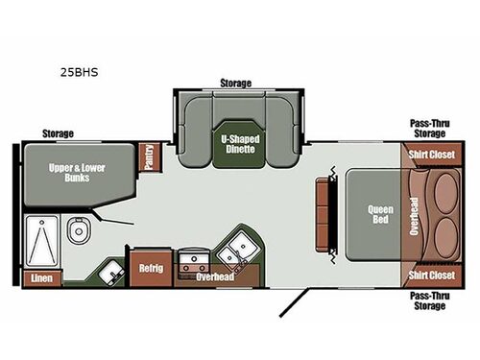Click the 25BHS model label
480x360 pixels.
coord(79,72)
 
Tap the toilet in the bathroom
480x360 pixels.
coord(79,230)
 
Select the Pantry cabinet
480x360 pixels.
coord(149,157)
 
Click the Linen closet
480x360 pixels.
coord(42,278)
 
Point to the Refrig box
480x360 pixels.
coord(151,268)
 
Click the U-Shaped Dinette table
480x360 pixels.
coord(240,144)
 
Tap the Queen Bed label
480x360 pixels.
coord(380,214)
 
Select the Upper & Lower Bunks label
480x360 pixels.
coord(77,173)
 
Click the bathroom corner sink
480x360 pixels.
coord(111,273)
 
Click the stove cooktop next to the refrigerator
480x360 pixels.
coord(193,261)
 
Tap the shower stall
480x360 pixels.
coord(42,241)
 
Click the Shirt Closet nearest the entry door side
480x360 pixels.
coord(431,276)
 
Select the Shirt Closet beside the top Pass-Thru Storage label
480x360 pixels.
coord(431,155)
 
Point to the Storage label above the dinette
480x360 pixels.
coord(236,84)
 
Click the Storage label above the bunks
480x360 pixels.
coord(58,133)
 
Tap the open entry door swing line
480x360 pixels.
coord(295,302)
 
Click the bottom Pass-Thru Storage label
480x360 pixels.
coord(430,300)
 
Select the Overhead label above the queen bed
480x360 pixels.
coord(414,216)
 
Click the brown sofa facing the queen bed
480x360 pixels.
coord(323,215)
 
